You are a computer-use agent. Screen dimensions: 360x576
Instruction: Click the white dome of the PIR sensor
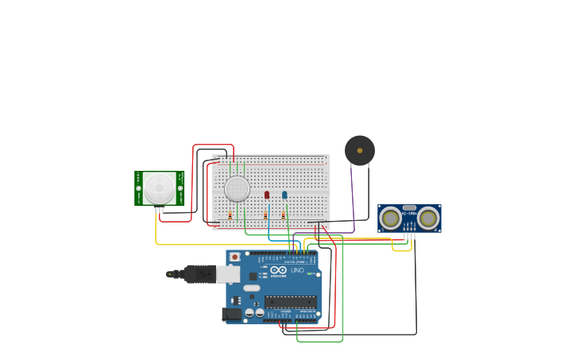(159, 188)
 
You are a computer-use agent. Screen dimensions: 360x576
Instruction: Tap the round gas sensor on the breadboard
(237, 189)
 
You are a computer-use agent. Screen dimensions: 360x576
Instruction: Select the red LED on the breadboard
(267, 195)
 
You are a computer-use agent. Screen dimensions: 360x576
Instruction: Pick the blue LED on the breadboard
(284, 195)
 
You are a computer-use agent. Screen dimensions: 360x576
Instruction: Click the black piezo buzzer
(359, 150)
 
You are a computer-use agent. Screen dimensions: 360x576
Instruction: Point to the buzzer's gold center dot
(360, 150)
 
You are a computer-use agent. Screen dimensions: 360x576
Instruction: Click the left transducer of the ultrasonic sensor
(391, 218)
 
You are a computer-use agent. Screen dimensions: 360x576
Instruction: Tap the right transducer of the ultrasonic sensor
(428, 218)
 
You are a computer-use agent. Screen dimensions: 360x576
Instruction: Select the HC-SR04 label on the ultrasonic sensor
(409, 214)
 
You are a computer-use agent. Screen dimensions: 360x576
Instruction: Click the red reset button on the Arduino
(234, 257)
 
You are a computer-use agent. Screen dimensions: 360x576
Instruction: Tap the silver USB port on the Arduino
(228, 274)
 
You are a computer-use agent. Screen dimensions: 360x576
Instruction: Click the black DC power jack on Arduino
(232, 314)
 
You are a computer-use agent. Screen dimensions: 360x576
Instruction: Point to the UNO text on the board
(296, 271)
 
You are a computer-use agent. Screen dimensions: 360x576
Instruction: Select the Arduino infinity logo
(278, 270)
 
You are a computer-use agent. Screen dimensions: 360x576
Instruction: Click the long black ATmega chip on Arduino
(290, 301)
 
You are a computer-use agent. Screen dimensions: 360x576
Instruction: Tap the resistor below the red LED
(265, 215)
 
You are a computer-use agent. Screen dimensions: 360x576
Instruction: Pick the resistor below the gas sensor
(230, 215)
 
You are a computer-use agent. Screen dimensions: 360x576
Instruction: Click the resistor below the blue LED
(283, 215)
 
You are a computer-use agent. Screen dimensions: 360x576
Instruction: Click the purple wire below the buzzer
(353, 199)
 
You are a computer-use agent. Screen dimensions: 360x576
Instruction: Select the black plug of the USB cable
(199, 274)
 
